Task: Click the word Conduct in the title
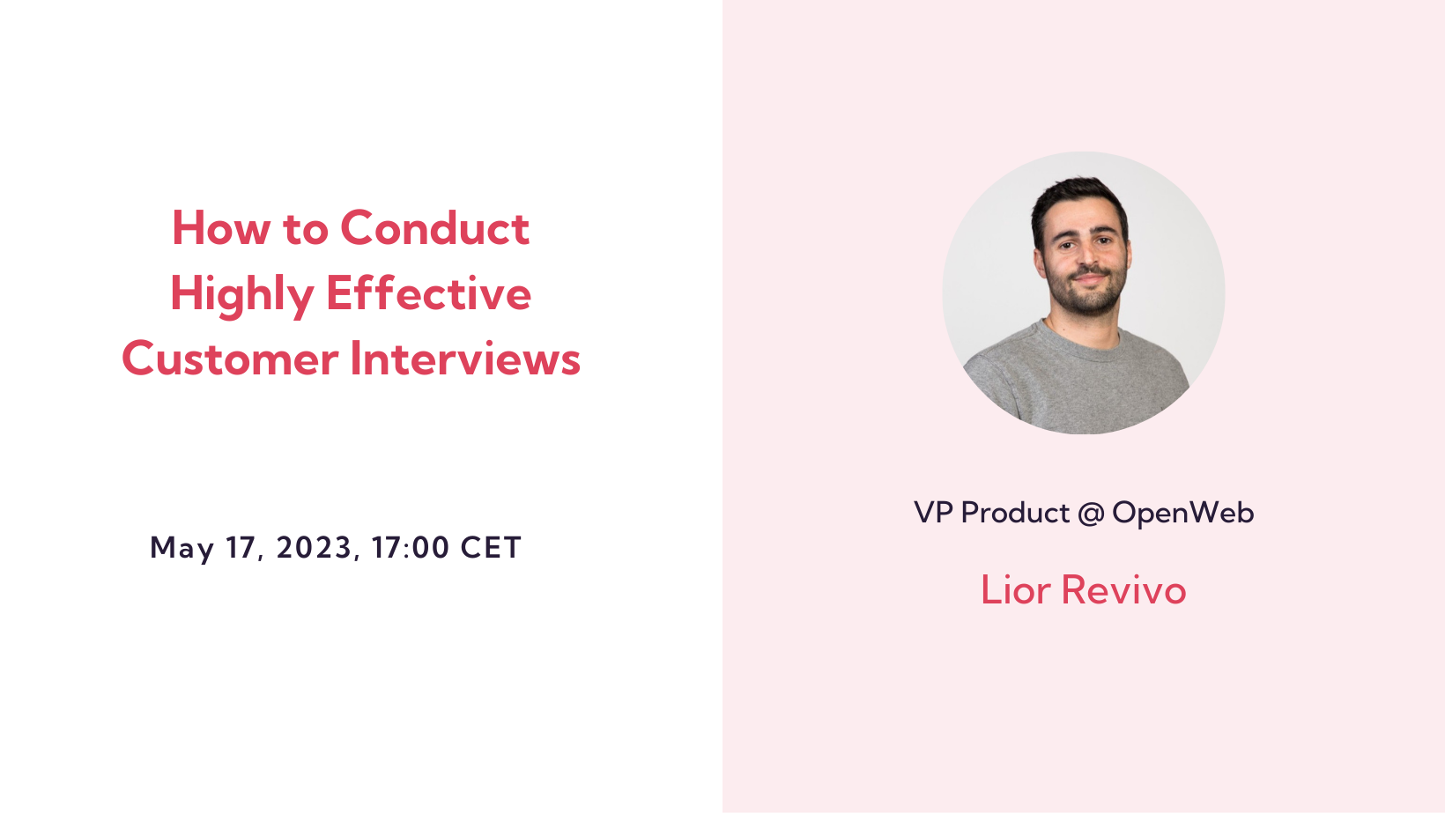[434, 228]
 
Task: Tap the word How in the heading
[220, 228]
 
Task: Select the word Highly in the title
[241, 294]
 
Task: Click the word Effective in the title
[428, 293]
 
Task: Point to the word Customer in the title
[230, 359]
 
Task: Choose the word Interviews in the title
[465, 359]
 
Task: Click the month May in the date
[182, 548]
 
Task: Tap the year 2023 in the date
[314, 548]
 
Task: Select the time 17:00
[410, 548]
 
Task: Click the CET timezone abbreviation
[491, 548]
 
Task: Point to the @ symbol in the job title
[1091, 513]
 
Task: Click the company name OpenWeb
[1182, 513]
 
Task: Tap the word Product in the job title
[1015, 513]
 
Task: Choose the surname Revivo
[1123, 590]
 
